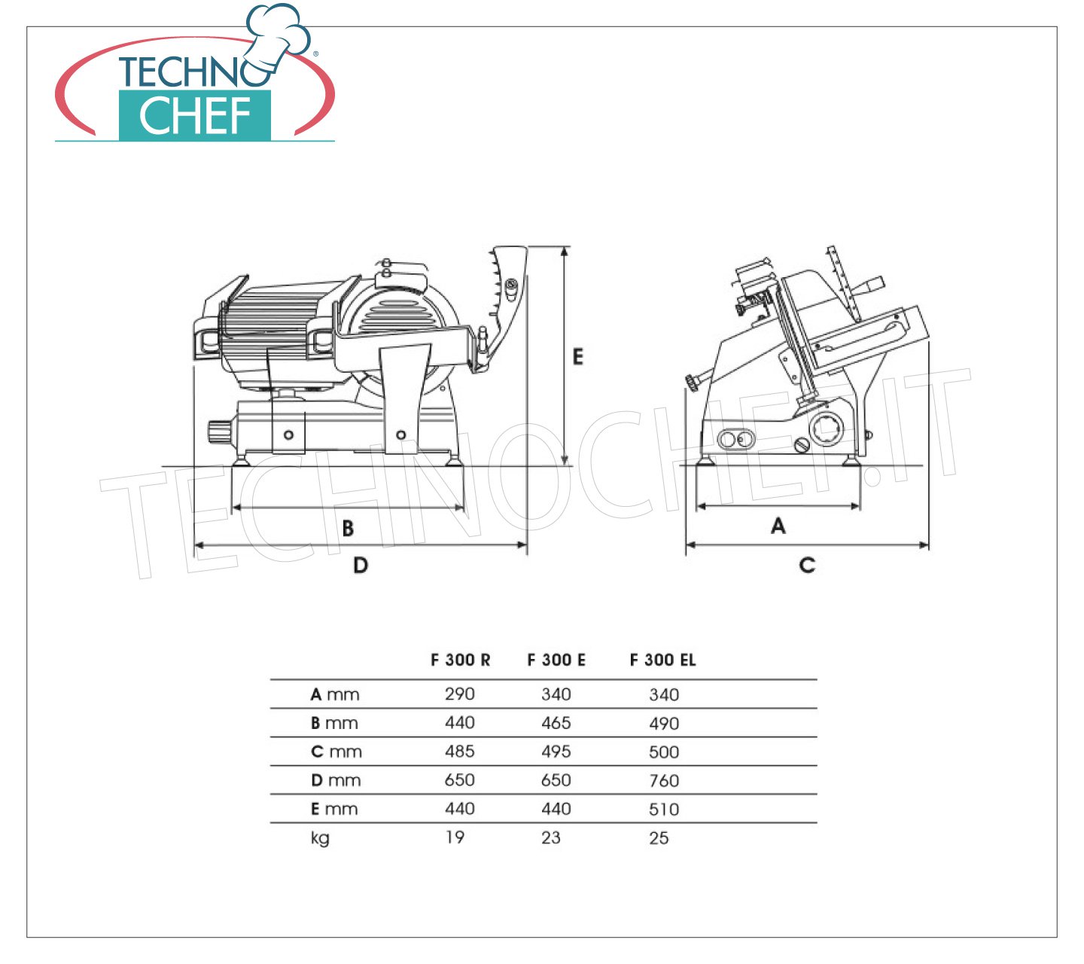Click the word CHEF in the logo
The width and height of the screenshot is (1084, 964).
[195, 116]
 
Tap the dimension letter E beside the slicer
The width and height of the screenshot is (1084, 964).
[578, 356]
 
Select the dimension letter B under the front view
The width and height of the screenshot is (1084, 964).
[348, 528]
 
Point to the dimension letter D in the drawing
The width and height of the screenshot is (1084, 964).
[361, 566]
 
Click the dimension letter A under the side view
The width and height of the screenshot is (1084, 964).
[778, 526]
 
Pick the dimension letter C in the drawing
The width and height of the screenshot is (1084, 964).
[808, 566]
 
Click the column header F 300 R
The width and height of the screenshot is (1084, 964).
[461, 660]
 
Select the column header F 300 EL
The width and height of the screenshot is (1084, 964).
[663, 660]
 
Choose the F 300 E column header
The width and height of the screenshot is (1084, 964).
[556, 660]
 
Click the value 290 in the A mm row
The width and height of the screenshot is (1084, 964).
[460, 694]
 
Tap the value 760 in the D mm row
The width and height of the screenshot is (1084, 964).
[664, 781]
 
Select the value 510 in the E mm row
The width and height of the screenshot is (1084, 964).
[664, 810]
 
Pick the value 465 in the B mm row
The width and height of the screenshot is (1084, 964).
[556, 723]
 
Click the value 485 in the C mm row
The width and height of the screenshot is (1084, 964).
[460, 752]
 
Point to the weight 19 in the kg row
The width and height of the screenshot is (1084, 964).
[455, 837]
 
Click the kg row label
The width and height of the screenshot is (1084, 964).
[320, 839]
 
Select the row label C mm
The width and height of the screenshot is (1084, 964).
[336, 752]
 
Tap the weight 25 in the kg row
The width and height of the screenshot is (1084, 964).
[659, 838]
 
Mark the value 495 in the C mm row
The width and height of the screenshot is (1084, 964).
[556, 752]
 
